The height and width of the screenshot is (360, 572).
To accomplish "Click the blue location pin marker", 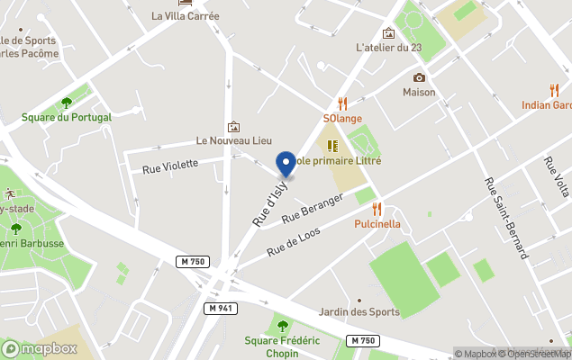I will [x=286, y=164].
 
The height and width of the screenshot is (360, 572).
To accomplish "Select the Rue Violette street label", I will [x=170, y=166].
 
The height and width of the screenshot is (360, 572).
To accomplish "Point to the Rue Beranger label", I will [x=313, y=210].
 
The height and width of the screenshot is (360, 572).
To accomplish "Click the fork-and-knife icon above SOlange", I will [x=342, y=103].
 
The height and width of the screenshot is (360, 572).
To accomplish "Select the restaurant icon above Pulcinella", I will [x=377, y=209].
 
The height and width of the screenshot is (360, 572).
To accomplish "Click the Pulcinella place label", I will [x=377, y=224].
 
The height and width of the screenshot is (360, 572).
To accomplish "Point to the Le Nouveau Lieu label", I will [x=234, y=141].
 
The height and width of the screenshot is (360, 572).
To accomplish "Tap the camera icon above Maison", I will [x=419, y=77].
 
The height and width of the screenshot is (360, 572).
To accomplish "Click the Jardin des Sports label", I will [x=359, y=312].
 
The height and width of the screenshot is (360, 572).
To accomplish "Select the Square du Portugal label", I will [x=67, y=117].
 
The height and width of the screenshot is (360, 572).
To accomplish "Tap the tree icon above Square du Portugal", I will [x=66, y=103].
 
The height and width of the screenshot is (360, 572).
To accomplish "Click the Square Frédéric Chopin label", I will [x=283, y=346].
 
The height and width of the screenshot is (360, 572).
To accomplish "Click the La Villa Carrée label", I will [x=186, y=15].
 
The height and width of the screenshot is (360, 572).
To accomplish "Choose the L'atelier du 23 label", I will [x=389, y=48].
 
